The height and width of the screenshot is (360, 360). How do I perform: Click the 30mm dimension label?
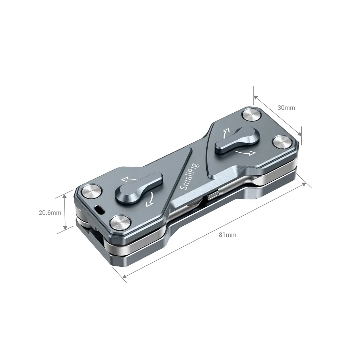point(286,108)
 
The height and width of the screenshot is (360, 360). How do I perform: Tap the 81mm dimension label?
point(228,235)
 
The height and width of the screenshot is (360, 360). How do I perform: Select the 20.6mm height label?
point(50,212)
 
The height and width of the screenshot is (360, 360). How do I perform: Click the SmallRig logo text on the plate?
point(187,177)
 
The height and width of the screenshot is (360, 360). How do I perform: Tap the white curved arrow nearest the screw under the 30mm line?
point(249,153)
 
